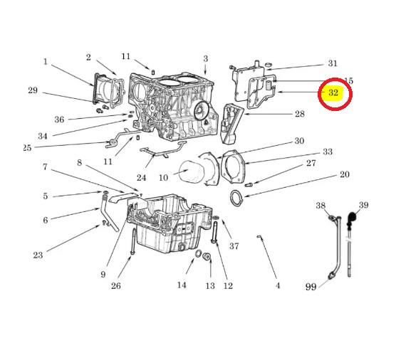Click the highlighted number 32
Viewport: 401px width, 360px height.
pyautogui.click(x=333, y=92)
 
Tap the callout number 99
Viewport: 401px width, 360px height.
pyautogui.click(x=311, y=287)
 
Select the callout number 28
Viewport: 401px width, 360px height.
pyautogui.click(x=300, y=114)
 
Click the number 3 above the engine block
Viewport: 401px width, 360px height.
pyautogui.click(x=206, y=59)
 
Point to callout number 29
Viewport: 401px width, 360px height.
pyautogui.click(x=33, y=90)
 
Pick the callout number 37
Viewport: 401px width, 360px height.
pyautogui.click(x=234, y=246)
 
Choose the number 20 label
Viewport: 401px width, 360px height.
pyautogui.click(x=345, y=174)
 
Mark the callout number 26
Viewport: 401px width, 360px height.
pyautogui.click(x=115, y=285)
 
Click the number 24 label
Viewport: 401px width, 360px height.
pyautogui.click(x=141, y=178)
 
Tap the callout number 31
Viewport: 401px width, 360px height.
pyautogui.click(x=333, y=63)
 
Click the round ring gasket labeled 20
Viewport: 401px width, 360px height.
pyautogui.click(x=236, y=198)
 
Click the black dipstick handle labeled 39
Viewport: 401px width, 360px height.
pyautogui.click(x=352, y=218)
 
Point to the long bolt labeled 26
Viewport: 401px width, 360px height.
pyautogui.click(x=133, y=241)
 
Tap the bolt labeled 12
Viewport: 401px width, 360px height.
pyautogui.click(x=214, y=233)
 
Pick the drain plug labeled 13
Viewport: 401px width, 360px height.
pyautogui.click(x=207, y=256)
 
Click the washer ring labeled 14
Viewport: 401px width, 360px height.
pyautogui.click(x=198, y=254)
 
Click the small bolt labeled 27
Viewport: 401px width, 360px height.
pyautogui.click(x=249, y=184)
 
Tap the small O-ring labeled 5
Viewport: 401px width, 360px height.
pyautogui.click(x=105, y=192)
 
